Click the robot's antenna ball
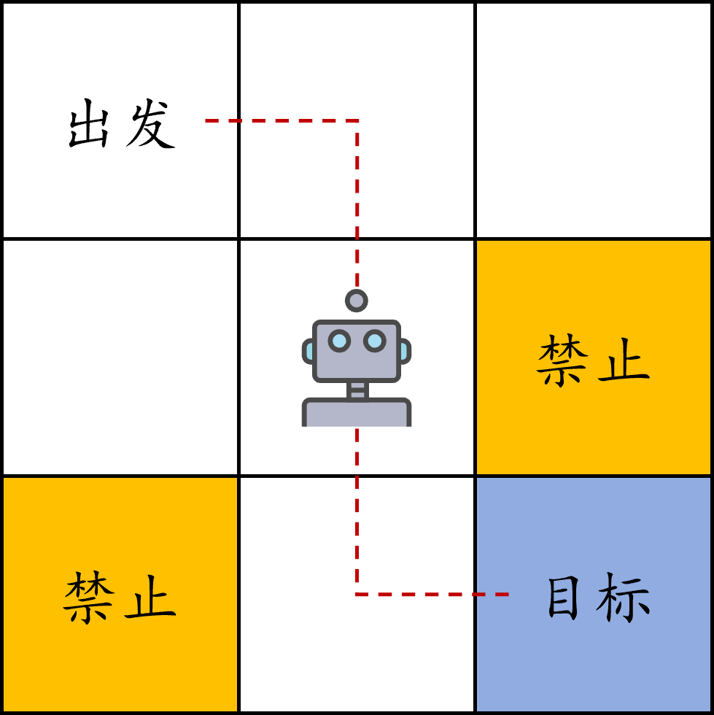[x=357, y=300]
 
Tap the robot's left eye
[x=339, y=341]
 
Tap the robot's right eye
[x=374, y=341]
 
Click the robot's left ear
[x=308, y=351]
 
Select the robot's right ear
[x=405, y=351]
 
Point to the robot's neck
[x=357, y=390]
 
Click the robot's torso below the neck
[x=357, y=414]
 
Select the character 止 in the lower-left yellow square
[x=150, y=598]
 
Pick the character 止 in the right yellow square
[x=624, y=360]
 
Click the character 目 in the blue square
[x=563, y=598]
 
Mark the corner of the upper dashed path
[x=357, y=120]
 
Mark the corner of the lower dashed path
[x=357, y=595]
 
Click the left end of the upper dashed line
[x=207, y=120]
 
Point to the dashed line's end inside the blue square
[x=506, y=595]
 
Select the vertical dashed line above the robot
[x=357, y=204]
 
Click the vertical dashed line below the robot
[x=357, y=511]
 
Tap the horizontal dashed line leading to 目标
[x=430, y=595]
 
